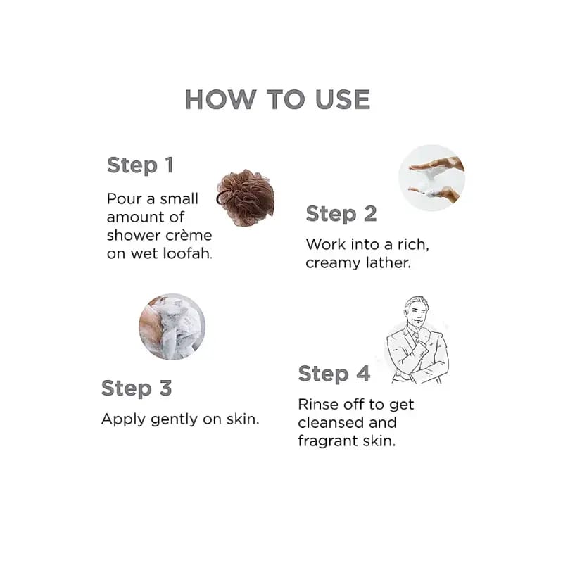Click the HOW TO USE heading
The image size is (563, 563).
(x=277, y=99)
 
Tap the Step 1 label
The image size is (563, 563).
(x=140, y=165)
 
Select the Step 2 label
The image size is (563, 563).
(x=341, y=214)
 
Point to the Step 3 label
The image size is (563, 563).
(x=137, y=388)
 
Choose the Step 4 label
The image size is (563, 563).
(x=334, y=374)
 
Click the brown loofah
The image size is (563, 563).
(x=246, y=198)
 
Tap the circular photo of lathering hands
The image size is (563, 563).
(x=431, y=177)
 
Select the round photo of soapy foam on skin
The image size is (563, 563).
(x=172, y=327)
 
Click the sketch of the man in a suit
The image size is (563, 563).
(x=417, y=340)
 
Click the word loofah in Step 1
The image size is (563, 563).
(x=187, y=253)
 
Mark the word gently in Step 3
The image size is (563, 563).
(x=174, y=419)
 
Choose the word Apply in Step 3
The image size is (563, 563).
(x=124, y=419)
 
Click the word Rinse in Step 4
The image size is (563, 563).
(x=318, y=404)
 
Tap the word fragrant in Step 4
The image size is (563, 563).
(x=327, y=441)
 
